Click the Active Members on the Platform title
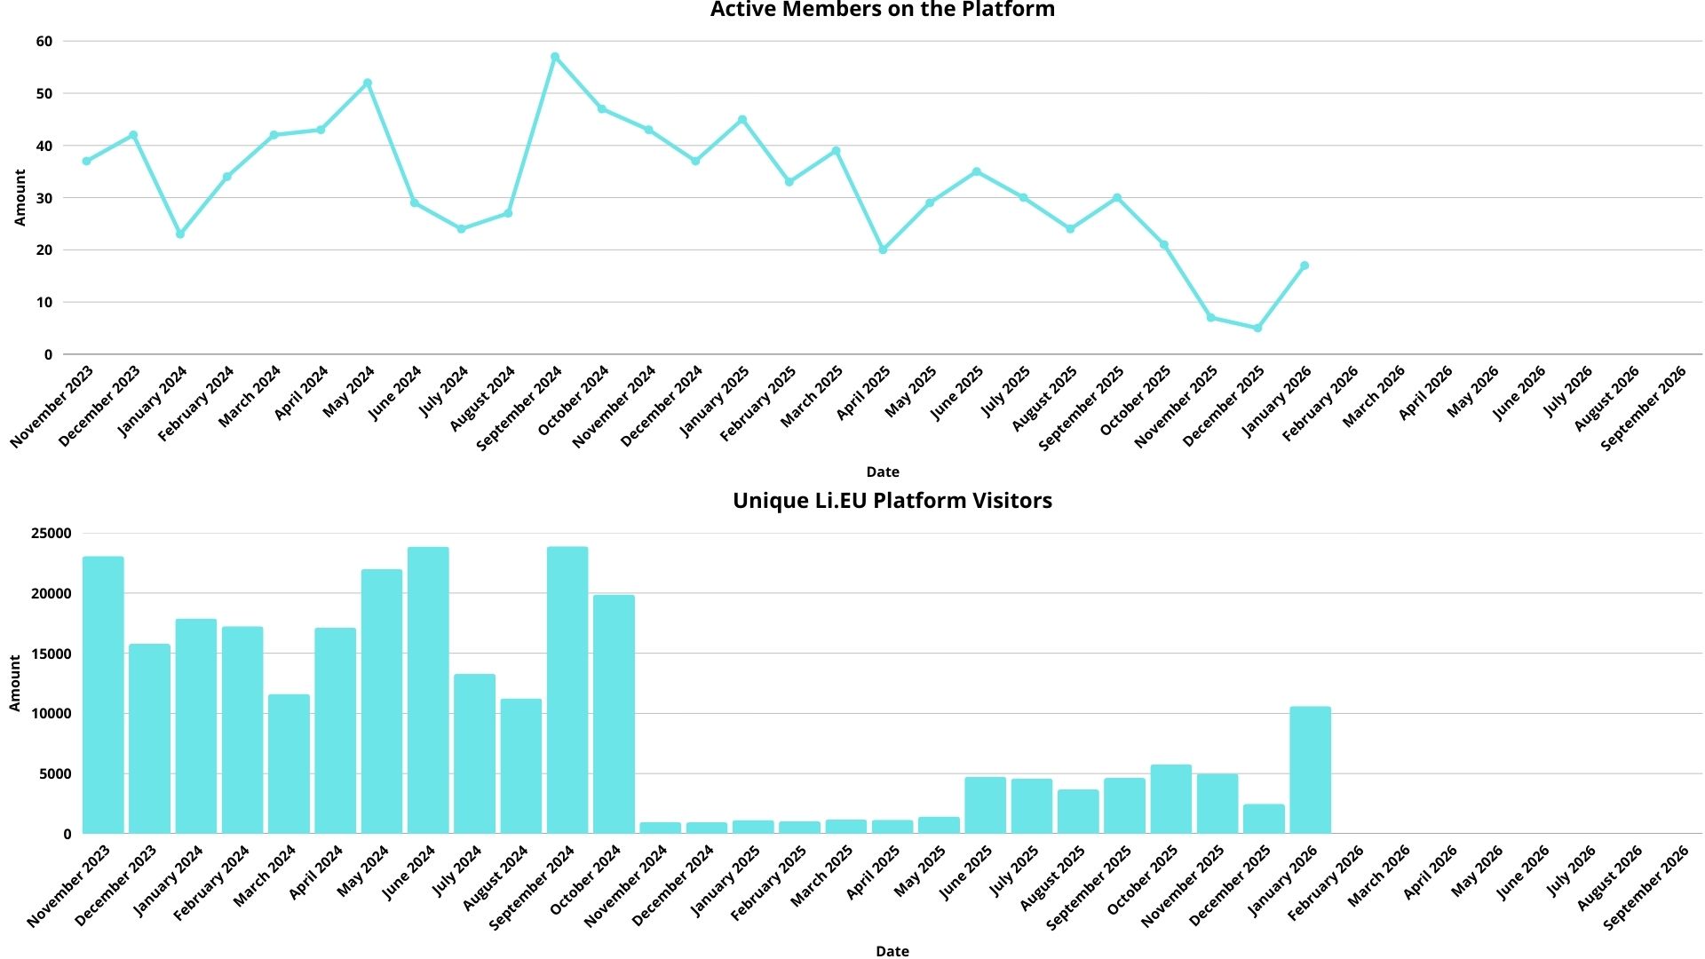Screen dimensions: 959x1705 point(882,11)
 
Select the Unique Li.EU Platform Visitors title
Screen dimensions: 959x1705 point(892,501)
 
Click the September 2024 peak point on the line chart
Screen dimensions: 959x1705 point(555,57)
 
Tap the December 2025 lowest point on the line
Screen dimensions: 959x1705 point(1257,329)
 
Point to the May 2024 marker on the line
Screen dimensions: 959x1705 point(368,83)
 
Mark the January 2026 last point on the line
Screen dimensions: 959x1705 point(1305,266)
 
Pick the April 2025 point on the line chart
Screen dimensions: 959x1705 point(883,250)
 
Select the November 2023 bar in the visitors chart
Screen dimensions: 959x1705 point(103,695)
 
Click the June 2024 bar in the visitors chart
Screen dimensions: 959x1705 point(428,691)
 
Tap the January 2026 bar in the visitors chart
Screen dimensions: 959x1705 point(1310,770)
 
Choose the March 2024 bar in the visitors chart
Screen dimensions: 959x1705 point(289,764)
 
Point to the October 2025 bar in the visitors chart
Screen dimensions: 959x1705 point(1170,799)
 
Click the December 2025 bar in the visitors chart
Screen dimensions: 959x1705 point(1264,819)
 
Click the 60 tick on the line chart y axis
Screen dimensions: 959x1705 point(44,42)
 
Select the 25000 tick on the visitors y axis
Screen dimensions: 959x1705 point(52,534)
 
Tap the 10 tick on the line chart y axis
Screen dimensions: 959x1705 point(44,303)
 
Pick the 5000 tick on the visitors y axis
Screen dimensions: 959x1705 point(55,774)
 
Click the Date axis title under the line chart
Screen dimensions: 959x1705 point(883,472)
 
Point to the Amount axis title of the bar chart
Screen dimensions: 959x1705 point(15,683)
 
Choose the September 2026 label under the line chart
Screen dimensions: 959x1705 point(1644,408)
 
